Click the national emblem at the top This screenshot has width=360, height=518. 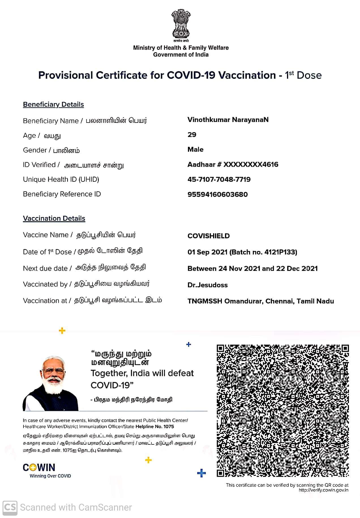181,25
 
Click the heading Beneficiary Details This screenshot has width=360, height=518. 53,104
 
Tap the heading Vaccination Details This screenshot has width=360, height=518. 54,219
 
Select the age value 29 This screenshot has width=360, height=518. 192,135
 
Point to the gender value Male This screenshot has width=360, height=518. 196,149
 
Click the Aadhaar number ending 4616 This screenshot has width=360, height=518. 233,164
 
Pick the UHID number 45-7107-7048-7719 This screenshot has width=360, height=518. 219,179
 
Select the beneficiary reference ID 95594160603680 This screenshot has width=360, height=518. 217,194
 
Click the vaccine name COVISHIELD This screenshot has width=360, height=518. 209,236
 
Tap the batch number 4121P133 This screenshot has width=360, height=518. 280,252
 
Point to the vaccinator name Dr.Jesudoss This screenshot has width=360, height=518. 207,285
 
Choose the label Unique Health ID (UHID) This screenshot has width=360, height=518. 61,179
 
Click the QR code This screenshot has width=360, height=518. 283,411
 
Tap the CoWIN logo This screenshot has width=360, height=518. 39,467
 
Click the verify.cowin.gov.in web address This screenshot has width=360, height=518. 323,490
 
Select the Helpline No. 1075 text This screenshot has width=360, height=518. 155,427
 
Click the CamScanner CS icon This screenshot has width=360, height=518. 10,507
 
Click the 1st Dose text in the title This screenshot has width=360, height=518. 303,75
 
